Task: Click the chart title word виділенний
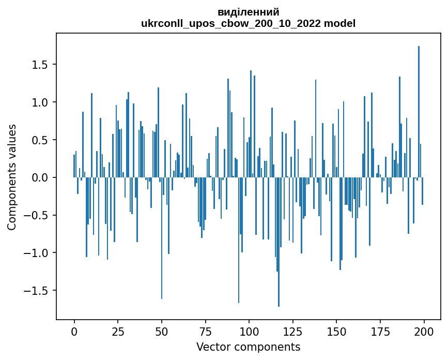248,12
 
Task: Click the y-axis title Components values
12,177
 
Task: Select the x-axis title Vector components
248,347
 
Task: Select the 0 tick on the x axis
74,331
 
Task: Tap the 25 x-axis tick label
118,331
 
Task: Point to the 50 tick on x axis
162,331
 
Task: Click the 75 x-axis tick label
205,331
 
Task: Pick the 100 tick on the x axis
249,331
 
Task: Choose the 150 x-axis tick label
336,331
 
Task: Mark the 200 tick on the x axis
424,331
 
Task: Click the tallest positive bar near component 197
419,111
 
